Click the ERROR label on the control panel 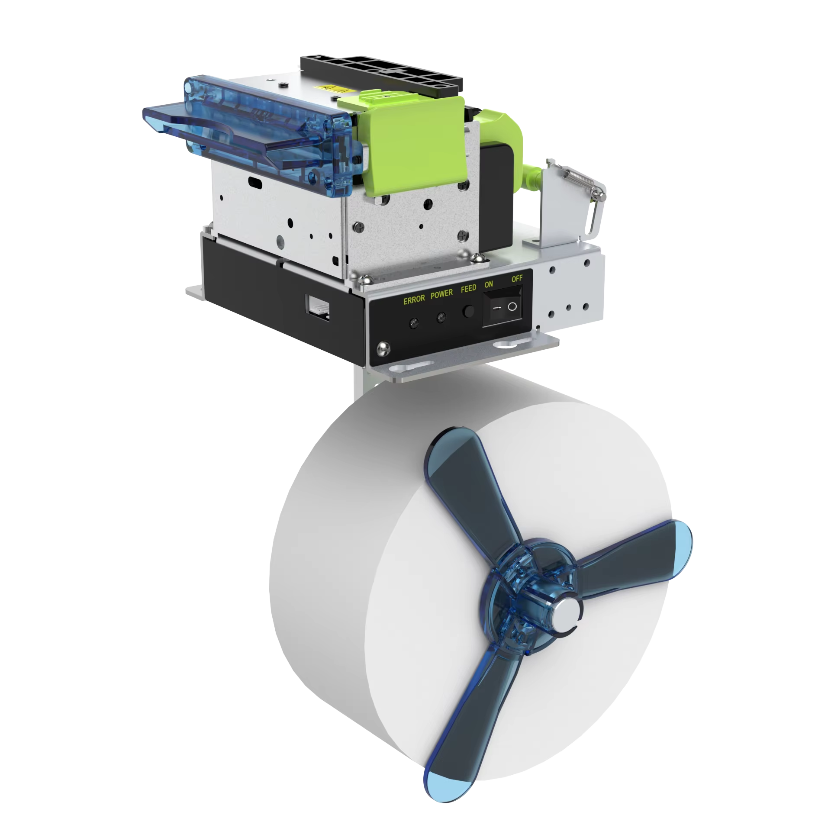[414, 300]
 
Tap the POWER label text [441, 294]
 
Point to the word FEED [468, 288]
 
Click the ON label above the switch [489, 284]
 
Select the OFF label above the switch [517, 279]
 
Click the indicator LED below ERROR [414, 322]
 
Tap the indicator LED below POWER [441, 318]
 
